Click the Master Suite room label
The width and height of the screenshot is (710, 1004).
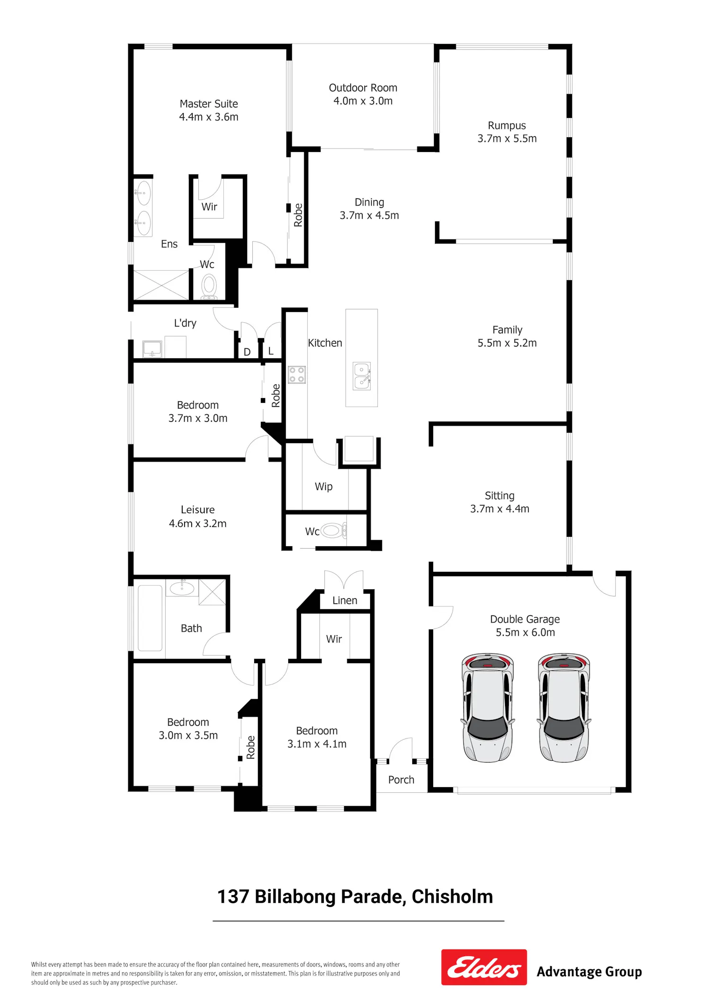209,104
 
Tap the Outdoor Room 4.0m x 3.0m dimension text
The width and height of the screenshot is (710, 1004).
363,101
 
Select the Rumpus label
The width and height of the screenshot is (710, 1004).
507,126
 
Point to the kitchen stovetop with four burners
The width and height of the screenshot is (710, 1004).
297,375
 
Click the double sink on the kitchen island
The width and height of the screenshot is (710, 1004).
362,376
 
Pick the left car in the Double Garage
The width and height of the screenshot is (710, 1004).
488,707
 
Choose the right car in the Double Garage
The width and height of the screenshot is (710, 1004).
564,707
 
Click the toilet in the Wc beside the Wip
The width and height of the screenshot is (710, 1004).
334,530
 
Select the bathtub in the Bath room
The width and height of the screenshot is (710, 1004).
150,618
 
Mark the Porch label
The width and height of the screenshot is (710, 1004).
401,780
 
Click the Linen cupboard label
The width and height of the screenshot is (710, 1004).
345,600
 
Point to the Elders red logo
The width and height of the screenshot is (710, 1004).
484,967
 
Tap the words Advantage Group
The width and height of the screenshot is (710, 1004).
589,972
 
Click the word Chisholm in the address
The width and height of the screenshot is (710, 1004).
452,897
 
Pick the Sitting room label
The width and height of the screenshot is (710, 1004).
499,496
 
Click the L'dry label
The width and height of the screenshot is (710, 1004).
185,323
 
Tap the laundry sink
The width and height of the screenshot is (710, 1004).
152,349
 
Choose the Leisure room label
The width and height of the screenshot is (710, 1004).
198,510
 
